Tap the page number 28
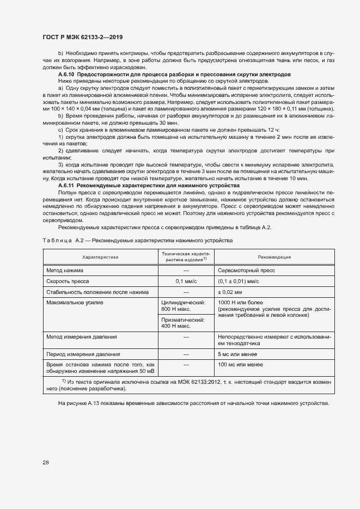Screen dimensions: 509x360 pos(46,463)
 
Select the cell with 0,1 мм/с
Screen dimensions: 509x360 pos(186,281)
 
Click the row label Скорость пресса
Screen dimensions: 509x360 pos(70,281)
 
